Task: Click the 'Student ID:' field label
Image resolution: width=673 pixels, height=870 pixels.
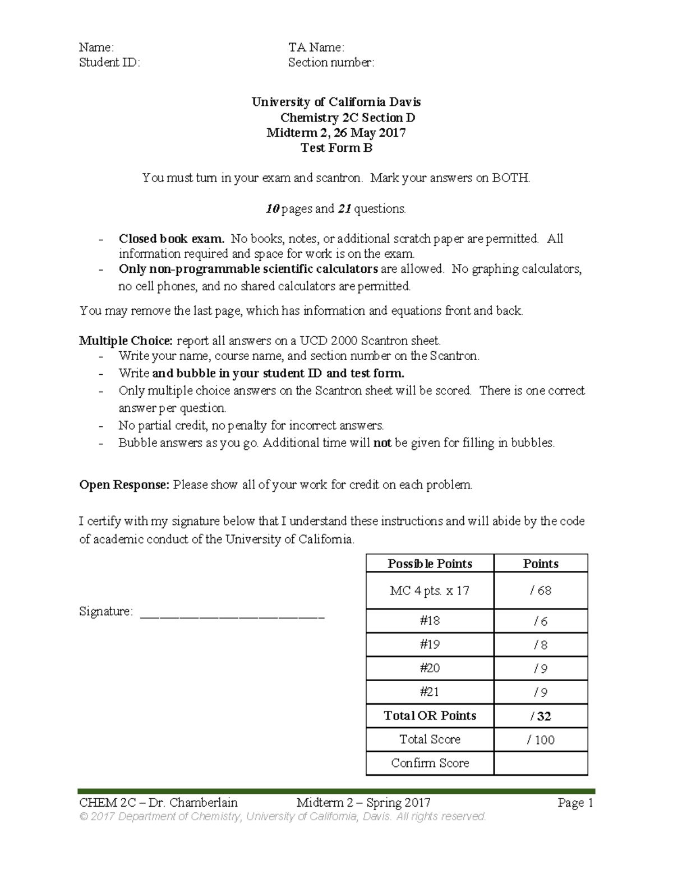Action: pyautogui.click(x=109, y=63)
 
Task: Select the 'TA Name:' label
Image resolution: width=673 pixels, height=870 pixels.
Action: pyautogui.click(x=316, y=48)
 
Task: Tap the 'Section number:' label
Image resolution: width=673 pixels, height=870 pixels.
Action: pyautogui.click(x=331, y=63)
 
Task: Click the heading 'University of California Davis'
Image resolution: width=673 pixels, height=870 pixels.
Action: pyautogui.click(x=336, y=102)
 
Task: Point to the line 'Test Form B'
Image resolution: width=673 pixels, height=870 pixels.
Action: pyautogui.click(x=336, y=148)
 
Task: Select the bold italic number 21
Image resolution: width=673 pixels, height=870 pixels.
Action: pyautogui.click(x=344, y=209)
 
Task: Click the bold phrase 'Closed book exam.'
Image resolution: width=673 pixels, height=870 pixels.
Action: pyautogui.click(x=171, y=239)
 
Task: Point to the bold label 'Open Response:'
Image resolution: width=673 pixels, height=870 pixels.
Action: pyautogui.click(x=124, y=485)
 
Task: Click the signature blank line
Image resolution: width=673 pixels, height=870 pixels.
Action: pyautogui.click(x=232, y=616)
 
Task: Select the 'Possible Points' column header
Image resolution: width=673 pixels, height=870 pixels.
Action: pyautogui.click(x=430, y=564)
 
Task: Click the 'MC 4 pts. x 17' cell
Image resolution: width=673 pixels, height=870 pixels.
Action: pyautogui.click(x=430, y=590)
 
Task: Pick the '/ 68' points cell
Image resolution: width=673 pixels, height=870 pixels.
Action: pyautogui.click(x=541, y=590)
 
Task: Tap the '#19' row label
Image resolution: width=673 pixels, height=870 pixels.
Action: pyautogui.click(x=430, y=645)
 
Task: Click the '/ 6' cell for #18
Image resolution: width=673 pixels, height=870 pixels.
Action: pyautogui.click(x=541, y=621)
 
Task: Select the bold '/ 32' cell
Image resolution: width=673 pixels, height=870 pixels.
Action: pyautogui.click(x=541, y=716)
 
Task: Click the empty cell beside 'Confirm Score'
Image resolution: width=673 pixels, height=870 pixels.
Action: pyautogui.click(x=541, y=763)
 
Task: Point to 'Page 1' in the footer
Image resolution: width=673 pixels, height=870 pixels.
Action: pyautogui.click(x=575, y=803)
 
